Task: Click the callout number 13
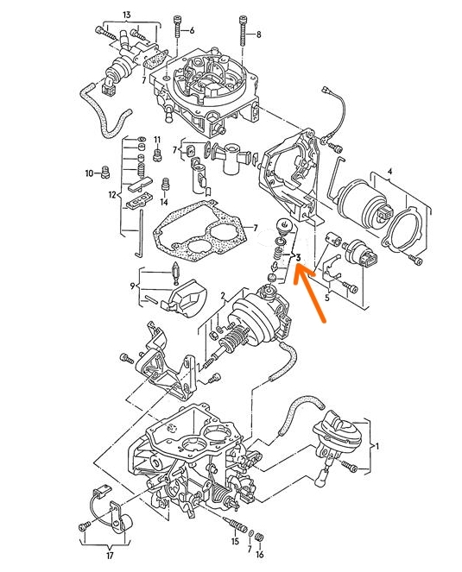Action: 127,15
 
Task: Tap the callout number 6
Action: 192,30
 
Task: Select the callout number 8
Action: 258,35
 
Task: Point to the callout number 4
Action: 389,171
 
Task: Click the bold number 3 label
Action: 298,258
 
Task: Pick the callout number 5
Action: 327,298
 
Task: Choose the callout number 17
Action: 110,556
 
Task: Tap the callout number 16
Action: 260,555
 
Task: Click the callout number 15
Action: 235,542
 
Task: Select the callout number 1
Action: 377,446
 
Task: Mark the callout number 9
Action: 133,286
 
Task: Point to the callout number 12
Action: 112,195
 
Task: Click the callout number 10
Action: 90,173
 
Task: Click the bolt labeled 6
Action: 178,27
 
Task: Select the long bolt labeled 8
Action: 243,31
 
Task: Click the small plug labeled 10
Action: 105,173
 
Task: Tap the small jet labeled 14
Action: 165,185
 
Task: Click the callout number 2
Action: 223,295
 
